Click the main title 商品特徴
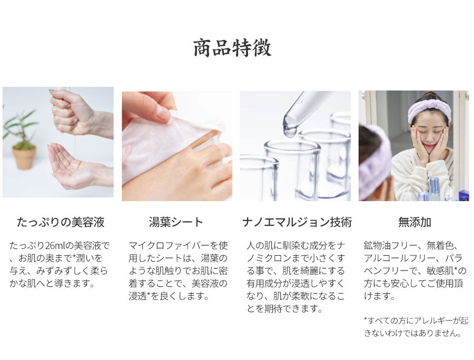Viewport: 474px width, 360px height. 232,48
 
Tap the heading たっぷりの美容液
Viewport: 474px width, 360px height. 61,222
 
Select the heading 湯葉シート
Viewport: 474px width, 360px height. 176,222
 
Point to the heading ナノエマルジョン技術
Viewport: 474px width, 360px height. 297,222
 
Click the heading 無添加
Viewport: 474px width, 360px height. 414,222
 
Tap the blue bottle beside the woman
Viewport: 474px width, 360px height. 434,189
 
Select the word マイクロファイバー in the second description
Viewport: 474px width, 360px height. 169,246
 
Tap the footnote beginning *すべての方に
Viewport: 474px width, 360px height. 416,327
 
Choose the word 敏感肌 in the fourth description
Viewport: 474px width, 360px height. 440,271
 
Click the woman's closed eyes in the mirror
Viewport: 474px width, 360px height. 428,133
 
